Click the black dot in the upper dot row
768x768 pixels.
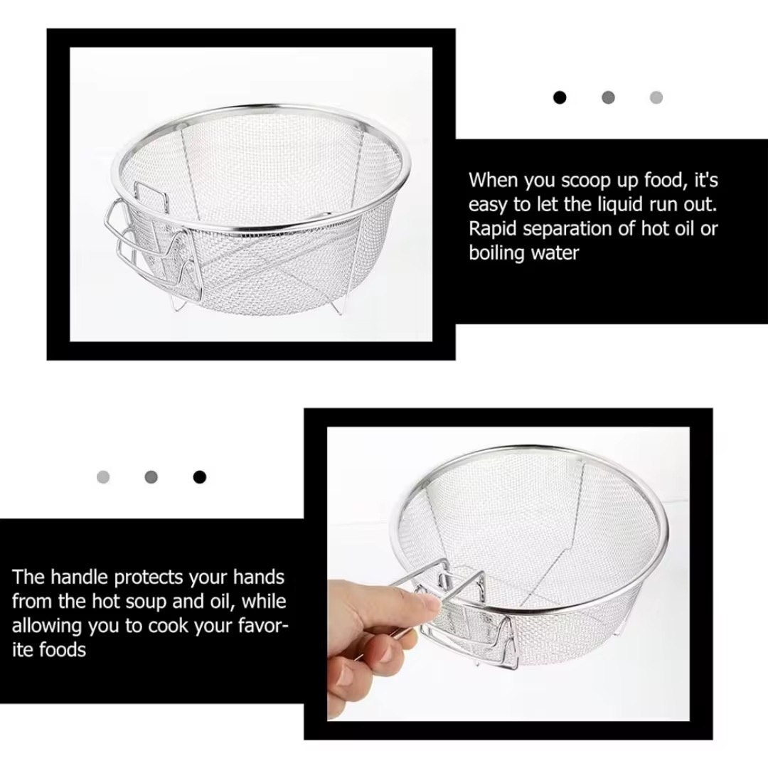(x=560, y=97)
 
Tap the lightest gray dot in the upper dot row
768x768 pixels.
(x=656, y=97)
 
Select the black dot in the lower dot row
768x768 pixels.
(x=199, y=477)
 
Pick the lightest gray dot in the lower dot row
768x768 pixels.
(x=103, y=477)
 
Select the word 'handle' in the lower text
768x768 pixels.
(x=80, y=577)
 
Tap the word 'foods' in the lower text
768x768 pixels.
(x=62, y=650)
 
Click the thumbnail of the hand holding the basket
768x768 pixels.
(x=508, y=574)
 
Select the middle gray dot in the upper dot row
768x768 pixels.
(x=608, y=97)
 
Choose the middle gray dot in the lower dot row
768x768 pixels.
(x=151, y=477)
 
